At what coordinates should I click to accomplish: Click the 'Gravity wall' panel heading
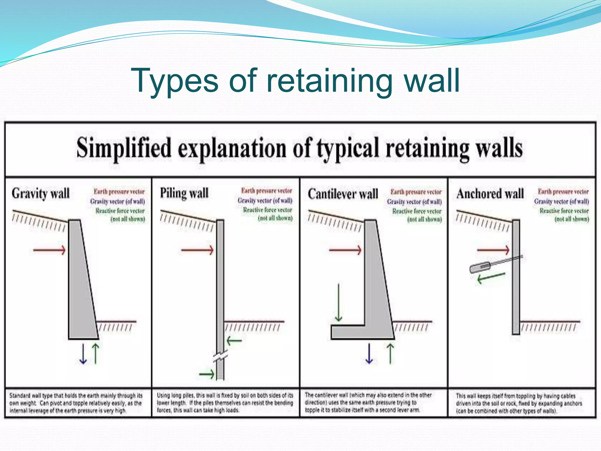click(x=40, y=194)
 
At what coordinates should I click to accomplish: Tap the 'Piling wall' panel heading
click(x=184, y=193)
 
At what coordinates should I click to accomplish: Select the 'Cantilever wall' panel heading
click(x=343, y=194)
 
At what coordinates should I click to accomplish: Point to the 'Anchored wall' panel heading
click(x=490, y=194)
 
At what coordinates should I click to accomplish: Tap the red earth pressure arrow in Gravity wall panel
click(x=49, y=250)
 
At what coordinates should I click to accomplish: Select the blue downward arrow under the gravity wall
click(x=83, y=354)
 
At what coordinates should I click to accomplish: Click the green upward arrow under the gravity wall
click(x=96, y=354)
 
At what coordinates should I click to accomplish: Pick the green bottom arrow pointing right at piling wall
click(x=207, y=374)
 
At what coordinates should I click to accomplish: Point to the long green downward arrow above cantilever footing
click(x=339, y=302)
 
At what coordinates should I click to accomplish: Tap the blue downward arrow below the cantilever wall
click(x=369, y=354)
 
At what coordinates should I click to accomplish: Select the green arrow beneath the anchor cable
click(x=491, y=277)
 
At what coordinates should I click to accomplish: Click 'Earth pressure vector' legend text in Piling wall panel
click(x=266, y=191)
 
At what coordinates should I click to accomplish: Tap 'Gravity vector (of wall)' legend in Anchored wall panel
click(x=561, y=201)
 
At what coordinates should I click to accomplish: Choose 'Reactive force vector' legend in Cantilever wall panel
click(x=417, y=211)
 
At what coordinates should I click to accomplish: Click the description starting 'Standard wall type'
click(x=76, y=403)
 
